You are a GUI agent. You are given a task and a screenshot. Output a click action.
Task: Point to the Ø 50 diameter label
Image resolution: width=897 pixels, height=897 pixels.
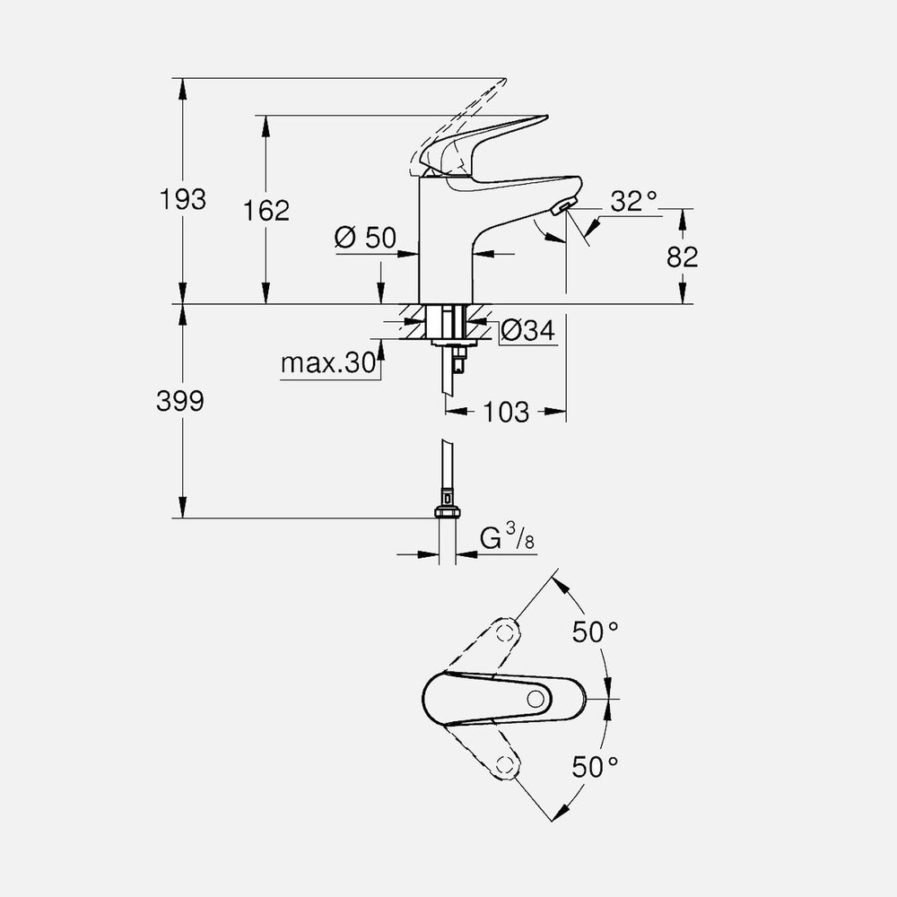click(365, 238)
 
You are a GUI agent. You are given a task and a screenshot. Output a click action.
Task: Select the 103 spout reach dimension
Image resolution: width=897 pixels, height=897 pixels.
click(508, 413)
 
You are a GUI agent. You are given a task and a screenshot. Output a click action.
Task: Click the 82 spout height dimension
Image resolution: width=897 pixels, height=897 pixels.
click(683, 256)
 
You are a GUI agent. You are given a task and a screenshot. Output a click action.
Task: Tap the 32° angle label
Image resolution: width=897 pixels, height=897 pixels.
click(634, 201)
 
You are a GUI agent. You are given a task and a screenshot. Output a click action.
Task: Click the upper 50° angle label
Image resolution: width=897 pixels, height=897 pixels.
click(596, 631)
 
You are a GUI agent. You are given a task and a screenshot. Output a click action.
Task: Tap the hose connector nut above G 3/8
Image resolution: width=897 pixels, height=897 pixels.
click(446, 510)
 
